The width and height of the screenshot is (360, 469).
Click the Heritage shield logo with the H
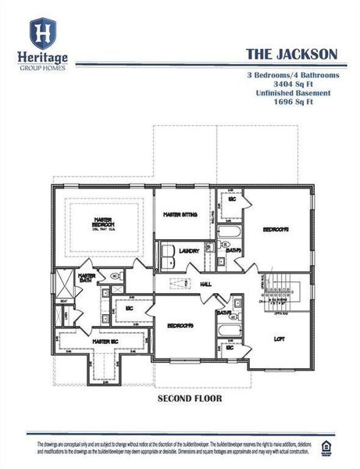coord(41,33)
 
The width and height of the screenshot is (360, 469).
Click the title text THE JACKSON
coord(291,53)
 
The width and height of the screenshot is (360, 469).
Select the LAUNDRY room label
coord(190,251)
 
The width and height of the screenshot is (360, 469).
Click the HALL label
coord(206,284)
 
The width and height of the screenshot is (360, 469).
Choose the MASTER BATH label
coord(87,277)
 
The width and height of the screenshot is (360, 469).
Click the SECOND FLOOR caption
coord(190,398)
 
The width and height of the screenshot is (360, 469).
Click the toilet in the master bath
coord(114,276)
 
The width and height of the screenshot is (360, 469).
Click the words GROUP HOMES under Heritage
coord(41,67)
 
